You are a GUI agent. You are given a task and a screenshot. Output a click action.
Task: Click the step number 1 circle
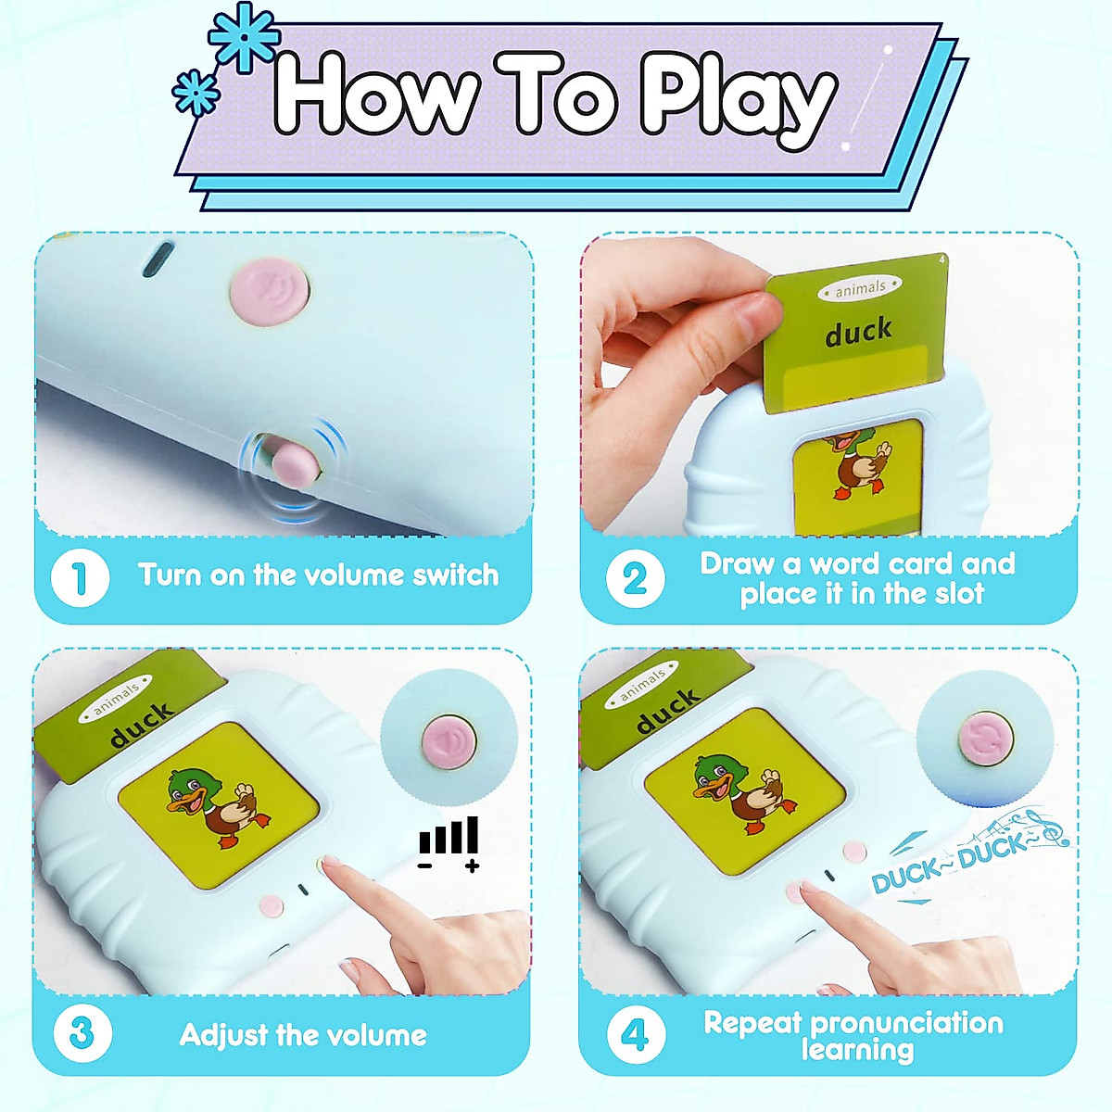(81, 577)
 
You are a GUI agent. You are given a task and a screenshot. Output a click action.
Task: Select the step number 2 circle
(635, 579)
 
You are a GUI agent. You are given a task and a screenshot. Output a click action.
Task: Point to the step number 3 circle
(82, 1033)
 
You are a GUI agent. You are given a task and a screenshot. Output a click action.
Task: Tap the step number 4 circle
(635, 1034)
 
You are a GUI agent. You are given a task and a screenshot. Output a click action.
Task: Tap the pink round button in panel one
(269, 289)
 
